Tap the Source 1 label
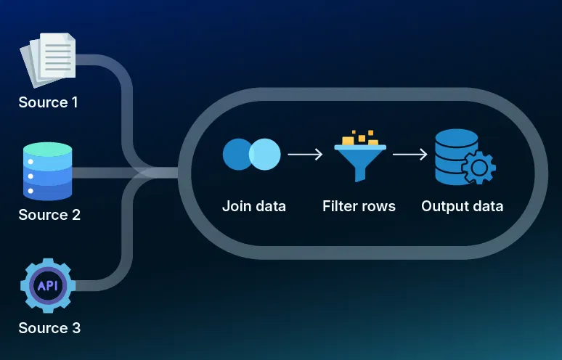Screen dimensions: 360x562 click(x=48, y=102)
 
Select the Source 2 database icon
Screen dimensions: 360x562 click(x=48, y=172)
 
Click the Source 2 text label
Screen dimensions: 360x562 click(x=48, y=216)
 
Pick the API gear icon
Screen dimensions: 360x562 click(x=48, y=285)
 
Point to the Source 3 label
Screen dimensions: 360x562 click(x=49, y=328)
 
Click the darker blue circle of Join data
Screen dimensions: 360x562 click(x=237, y=154)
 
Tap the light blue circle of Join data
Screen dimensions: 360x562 click(x=265, y=154)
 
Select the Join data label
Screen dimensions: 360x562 click(x=253, y=206)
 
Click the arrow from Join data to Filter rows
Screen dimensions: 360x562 click(x=305, y=154)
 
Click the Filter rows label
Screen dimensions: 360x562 click(x=359, y=206)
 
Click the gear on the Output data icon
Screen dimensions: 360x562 click(x=478, y=168)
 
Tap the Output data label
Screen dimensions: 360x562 click(x=462, y=206)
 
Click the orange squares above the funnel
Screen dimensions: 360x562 click(x=358, y=136)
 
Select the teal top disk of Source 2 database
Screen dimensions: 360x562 click(x=48, y=150)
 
